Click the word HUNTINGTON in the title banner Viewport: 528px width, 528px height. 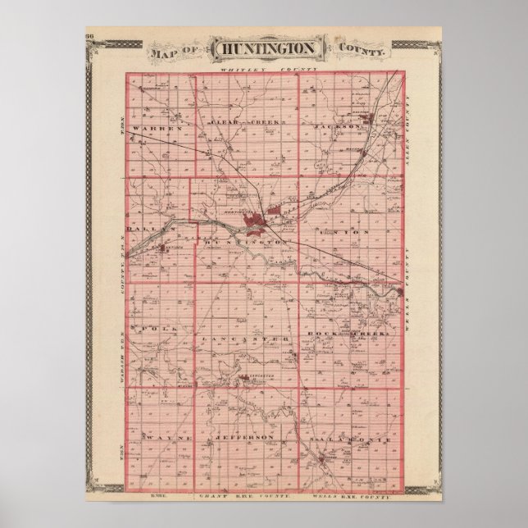[264, 47]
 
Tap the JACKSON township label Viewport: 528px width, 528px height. [344, 128]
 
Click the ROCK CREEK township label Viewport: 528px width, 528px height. [352, 336]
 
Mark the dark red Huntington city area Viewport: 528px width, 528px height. [262, 220]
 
